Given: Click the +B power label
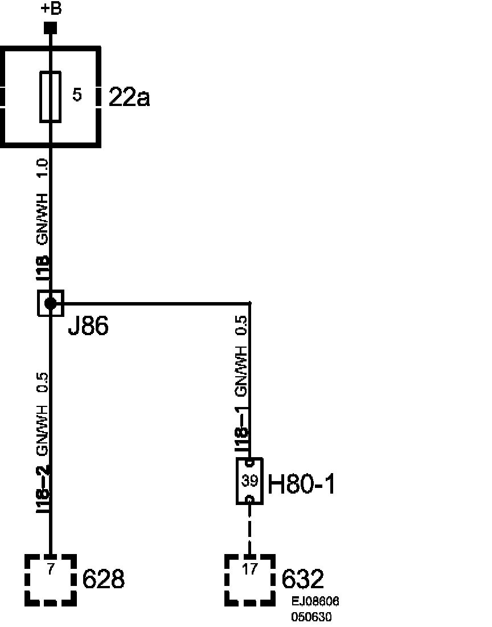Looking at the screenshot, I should pos(51,9).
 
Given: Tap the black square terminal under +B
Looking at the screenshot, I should pos(51,28).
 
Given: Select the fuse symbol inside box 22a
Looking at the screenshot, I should pos(50,97).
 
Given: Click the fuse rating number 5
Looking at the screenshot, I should pos(77,95).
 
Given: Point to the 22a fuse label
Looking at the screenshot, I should pos(129,98).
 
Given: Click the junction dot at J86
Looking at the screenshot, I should pos(51,303).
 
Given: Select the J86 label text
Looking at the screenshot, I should pos(88,327).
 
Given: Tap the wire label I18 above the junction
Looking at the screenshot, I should pos(43,269).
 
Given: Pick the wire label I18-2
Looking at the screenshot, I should pos(43,489).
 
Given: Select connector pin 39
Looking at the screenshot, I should pos(249,481).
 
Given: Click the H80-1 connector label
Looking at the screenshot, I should pos(302,485).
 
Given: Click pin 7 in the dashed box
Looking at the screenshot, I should pos(51,568).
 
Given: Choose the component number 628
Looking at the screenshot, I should pos(104,580).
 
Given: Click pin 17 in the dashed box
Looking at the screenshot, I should pos(249,568).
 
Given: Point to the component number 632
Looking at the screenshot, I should pos(303,580).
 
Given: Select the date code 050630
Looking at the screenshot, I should pos(311,617).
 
